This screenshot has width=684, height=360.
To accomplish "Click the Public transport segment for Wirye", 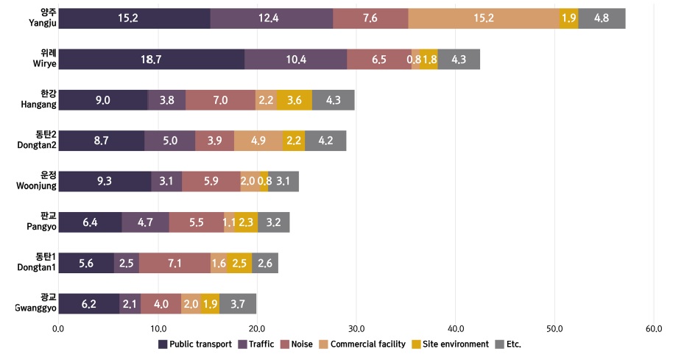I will pyautogui.click(x=151, y=60).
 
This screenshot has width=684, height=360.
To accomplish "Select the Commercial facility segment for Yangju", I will pyautogui.click(x=484, y=18).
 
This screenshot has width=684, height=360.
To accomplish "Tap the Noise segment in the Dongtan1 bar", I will pyautogui.click(x=174, y=263).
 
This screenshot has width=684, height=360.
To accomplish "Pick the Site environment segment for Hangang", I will pyautogui.click(x=295, y=100).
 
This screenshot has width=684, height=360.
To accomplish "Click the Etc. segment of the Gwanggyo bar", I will pyautogui.click(x=238, y=303).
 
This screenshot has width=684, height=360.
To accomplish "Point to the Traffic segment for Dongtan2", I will pyautogui.click(x=170, y=141).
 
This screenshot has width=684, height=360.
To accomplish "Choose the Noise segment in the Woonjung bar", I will pyautogui.click(x=211, y=181).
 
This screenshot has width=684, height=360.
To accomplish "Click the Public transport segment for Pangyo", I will pyautogui.click(x=90, y=222).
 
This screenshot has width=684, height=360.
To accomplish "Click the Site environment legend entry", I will pyautogui.click(x=456, y=344).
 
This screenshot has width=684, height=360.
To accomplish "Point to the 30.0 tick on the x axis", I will pyautogui.click(x=356, y=328).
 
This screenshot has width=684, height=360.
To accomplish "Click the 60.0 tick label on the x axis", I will pyautogui.click(x=654, y=328).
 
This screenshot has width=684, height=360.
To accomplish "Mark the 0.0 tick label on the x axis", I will pyautogui.click(x=58, y=328).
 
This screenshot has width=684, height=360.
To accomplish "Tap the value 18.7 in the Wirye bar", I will pyautogui.click(x=151, y=60).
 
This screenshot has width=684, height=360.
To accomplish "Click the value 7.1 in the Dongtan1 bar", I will pyautogui.click(x=174, y=263).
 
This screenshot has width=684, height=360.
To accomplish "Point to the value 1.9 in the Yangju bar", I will pyautogui.click(x=568, y=18).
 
